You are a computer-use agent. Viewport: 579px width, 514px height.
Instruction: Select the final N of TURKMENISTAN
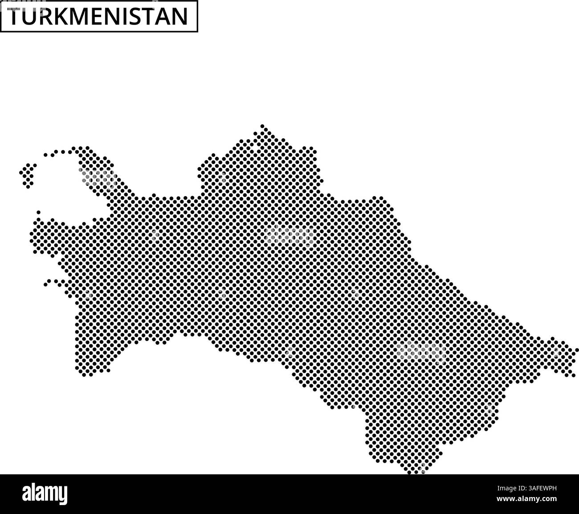click(x=179, y=17)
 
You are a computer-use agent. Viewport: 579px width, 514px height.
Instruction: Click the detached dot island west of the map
click(x=28, y=174)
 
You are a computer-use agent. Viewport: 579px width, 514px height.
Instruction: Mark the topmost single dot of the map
click(x=262, y=126)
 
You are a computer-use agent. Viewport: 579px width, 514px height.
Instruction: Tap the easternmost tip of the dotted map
click(x=576, y=350)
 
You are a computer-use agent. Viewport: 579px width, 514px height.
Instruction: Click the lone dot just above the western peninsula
click(x=39, y=212)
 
